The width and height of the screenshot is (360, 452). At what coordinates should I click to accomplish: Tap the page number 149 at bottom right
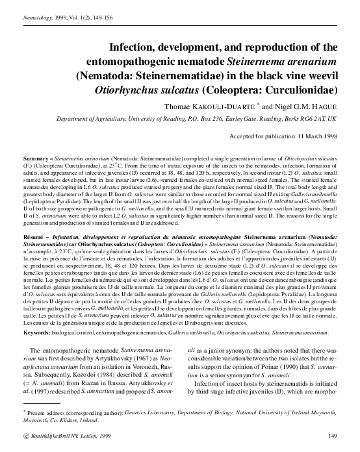click(333, 435)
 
